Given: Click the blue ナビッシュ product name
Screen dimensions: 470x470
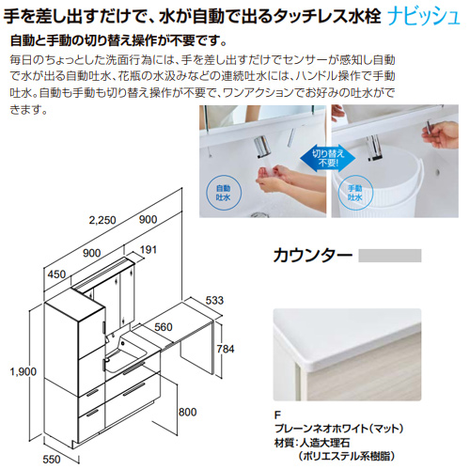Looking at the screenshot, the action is [424, 17].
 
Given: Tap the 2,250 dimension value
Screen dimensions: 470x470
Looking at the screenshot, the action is [102, 220].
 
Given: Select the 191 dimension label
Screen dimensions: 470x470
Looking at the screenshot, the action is [148, 250].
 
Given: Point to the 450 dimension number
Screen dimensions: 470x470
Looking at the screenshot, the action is [56, 274].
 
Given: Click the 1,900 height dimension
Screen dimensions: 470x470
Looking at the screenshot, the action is [23, 371].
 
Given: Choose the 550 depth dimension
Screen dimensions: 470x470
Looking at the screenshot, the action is [52, 460].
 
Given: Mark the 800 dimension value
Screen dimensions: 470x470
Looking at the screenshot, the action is [187, 412].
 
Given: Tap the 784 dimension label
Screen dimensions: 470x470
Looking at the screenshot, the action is [226, 349].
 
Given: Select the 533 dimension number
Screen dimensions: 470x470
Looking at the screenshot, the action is [214, 301].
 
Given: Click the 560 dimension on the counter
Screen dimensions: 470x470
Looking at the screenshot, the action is [164, 327].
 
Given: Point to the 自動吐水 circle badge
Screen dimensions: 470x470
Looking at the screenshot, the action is [223, 193].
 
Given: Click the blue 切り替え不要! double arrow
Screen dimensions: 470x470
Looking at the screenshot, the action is [328, 158].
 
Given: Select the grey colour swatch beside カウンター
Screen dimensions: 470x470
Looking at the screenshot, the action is [390, 256].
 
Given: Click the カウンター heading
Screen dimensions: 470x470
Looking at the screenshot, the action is [313, 256].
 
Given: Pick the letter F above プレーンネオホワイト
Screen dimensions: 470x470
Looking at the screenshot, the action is [277, 415].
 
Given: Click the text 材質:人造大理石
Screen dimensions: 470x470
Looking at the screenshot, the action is [312, 443].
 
